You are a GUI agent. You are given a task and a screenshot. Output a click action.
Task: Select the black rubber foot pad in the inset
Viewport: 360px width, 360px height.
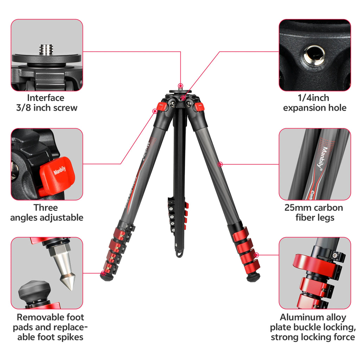coord(34,290)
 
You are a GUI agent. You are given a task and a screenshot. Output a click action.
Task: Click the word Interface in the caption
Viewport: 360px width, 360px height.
coord(46,98)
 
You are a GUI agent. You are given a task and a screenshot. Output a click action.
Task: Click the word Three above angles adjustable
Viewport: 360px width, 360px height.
coord(46,207)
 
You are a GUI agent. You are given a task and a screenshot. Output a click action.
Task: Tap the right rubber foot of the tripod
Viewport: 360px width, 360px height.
coord(252,278)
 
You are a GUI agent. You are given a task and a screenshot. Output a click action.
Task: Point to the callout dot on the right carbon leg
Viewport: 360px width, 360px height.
coord(220,164)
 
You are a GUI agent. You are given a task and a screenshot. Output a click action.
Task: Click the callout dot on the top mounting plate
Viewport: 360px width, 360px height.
coord(180,86)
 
